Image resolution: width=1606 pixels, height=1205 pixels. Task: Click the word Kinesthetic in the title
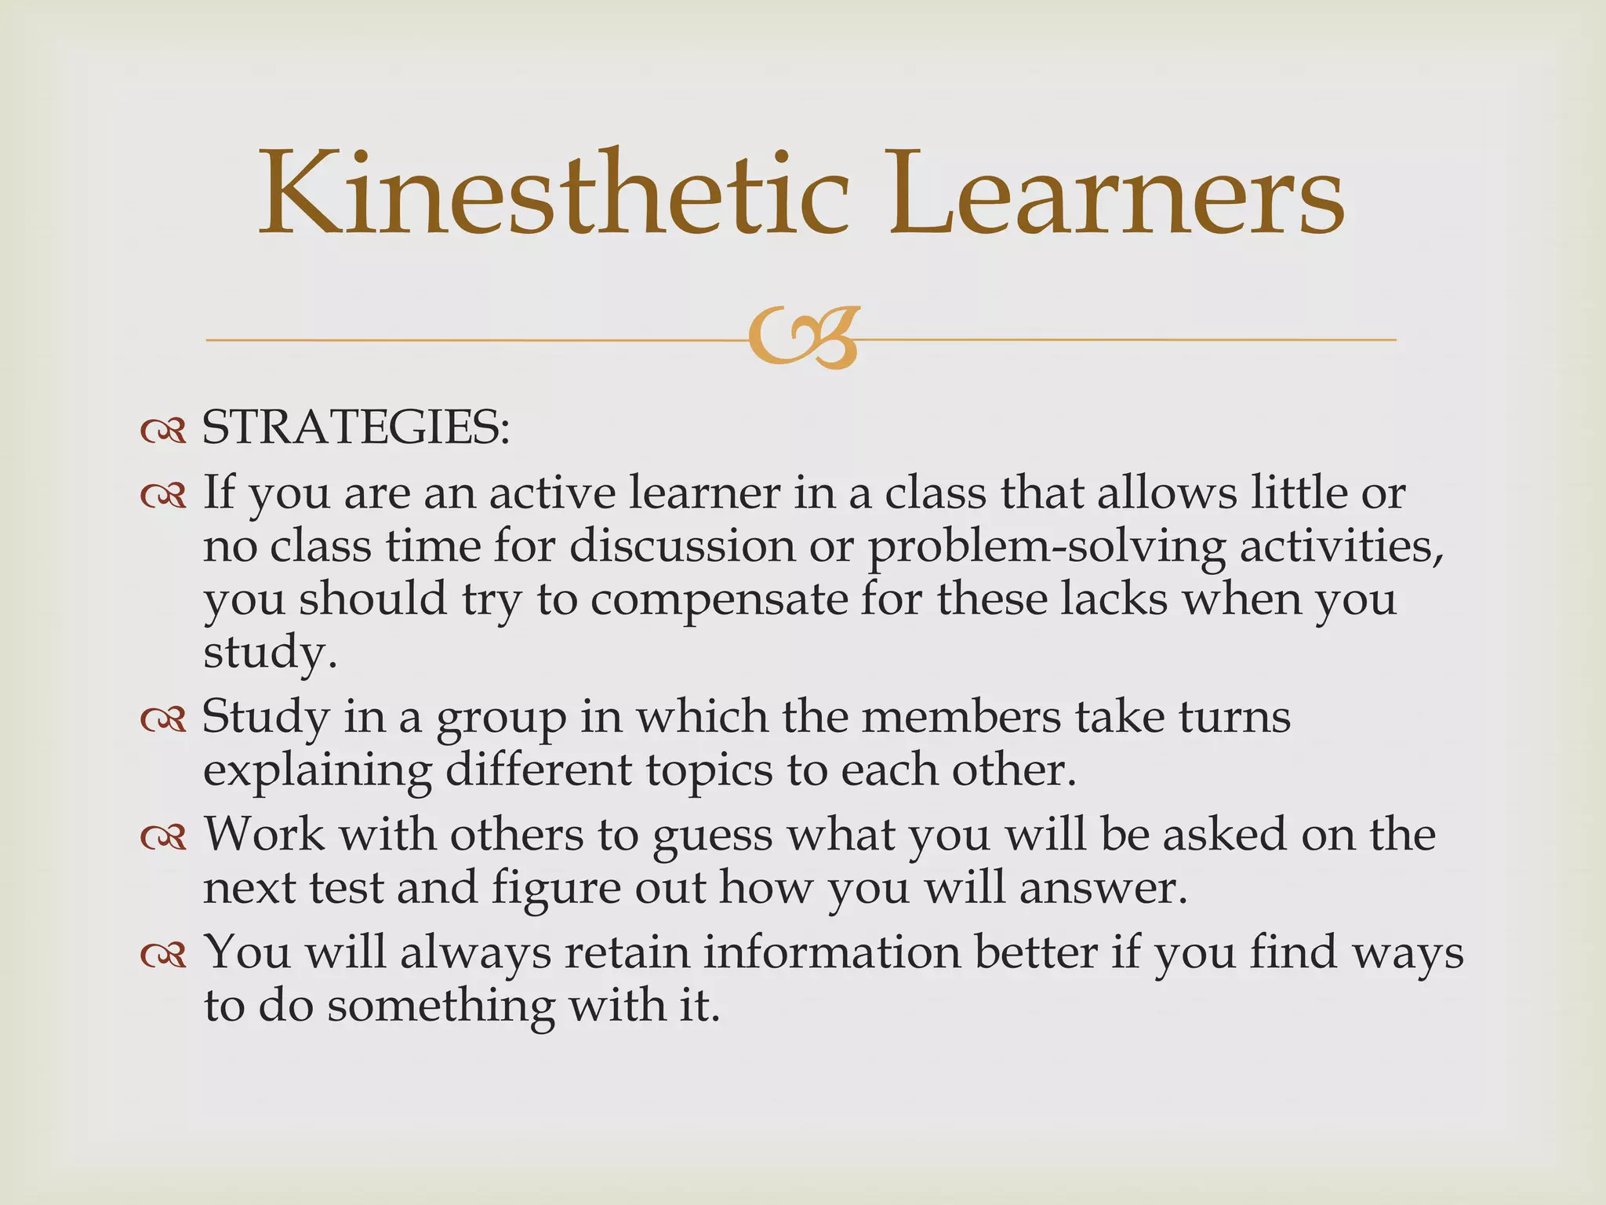[x=554, y=193]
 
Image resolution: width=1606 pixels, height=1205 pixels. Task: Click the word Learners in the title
[x=1117, y=193]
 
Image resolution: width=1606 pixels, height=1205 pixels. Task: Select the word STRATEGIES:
[x=356, y=428]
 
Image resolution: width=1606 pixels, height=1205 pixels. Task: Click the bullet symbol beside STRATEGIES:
[x=163, y=431]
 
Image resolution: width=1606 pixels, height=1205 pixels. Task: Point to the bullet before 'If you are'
[x=163, y=496]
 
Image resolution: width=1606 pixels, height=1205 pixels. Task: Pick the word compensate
[x=719, y=599]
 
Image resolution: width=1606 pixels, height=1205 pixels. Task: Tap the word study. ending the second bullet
[x=270, y=653]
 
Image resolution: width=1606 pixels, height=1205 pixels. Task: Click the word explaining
[x=317, y=772]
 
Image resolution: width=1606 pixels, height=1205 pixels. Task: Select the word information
[x=831, y=952]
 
